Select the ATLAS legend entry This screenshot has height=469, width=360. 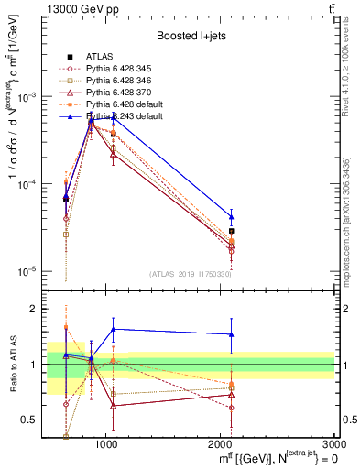[x=98, y=58]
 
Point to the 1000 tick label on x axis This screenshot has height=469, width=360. [x=106, y=444]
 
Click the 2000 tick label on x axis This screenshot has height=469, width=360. [x=221, y=444]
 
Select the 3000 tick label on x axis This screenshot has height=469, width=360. [x=333, y=444]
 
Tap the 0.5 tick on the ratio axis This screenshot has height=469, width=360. [x=30, y=420]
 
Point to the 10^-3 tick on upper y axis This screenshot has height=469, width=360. [x=27, y=97]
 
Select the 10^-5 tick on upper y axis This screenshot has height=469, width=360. [x=27, y=271]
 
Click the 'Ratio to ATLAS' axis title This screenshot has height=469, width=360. [x=11, y=365]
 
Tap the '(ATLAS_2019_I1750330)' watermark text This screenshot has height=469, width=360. [x=191, y=274]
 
